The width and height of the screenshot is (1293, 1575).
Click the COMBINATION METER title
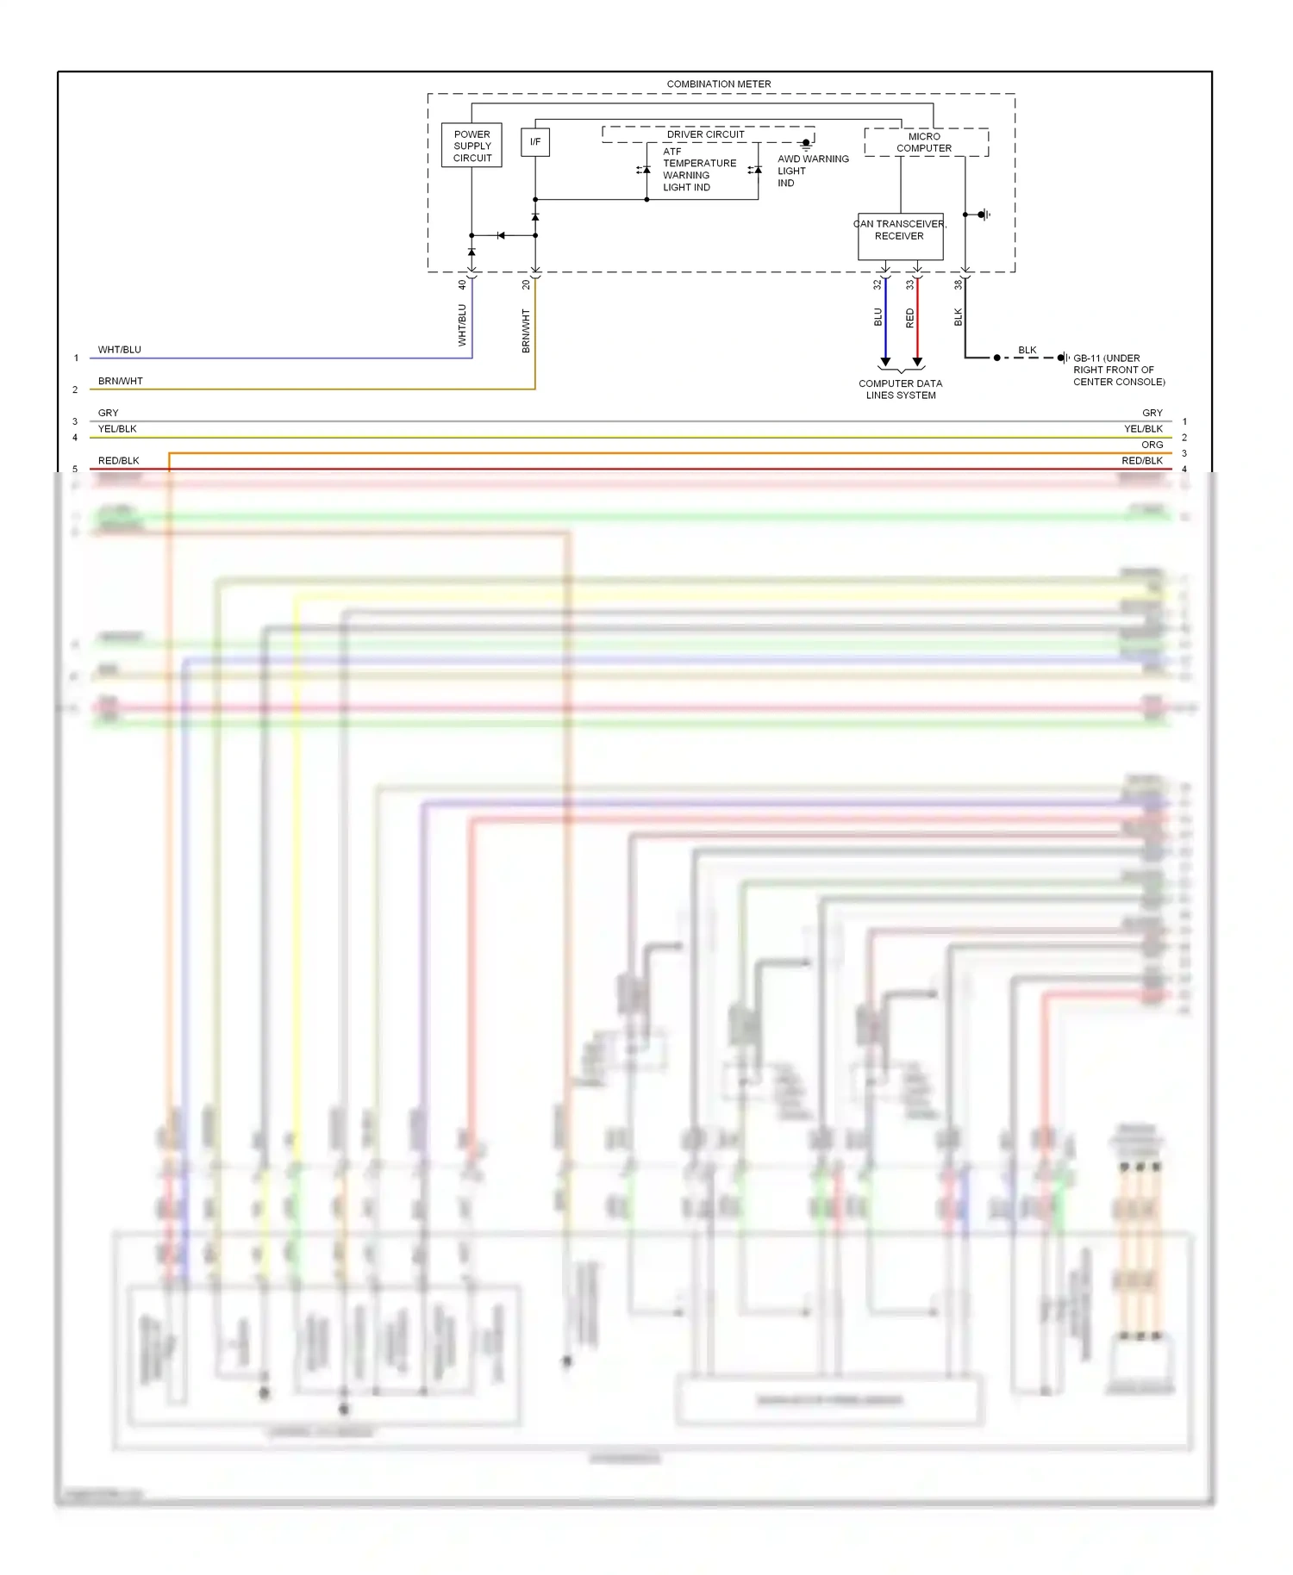[x=718, y=84]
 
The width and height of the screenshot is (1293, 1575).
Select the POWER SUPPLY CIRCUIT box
[x=472, y=146]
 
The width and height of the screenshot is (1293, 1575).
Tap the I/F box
[x=535, y=142]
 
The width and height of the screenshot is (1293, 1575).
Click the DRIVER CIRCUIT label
[x=705, y=134]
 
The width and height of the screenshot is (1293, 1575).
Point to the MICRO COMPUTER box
[x=925, y=142]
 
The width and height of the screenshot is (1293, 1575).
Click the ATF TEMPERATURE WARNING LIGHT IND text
[x=698, y=169]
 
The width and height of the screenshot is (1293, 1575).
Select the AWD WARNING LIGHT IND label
[x=812, y=171]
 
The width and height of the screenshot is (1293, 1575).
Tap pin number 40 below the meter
[x=462, y=284]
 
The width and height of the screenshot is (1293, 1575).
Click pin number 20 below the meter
[x=526, y=284]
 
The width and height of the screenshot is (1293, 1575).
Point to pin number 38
[x=958, y=284]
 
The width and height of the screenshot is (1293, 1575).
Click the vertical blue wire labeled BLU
[x=885, y=319]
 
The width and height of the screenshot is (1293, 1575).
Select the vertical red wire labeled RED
[x=917, y=319]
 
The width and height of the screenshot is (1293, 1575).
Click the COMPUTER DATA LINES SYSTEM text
[x=900, y=389]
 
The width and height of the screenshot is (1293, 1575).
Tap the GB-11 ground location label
[x=1118, y=370]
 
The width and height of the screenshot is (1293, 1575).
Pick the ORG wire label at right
[x=1152, y=445]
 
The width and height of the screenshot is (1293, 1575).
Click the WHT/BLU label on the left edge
[x=119, y=350]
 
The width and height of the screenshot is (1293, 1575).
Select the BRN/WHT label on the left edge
[x=120, y=381]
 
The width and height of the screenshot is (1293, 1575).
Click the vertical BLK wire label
[x=958, y=317]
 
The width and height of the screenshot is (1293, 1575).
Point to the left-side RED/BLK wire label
[x=118, y=461]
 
